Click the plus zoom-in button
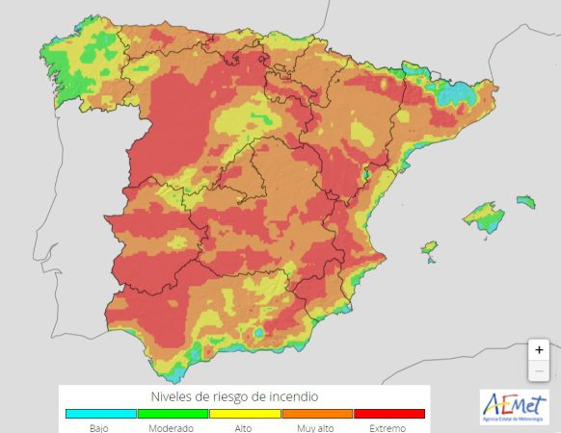pos(539,350)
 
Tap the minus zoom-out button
pos(539,371)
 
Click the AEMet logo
pos(514,406)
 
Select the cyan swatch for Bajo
pos(100,414)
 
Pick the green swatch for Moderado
pos(173,414)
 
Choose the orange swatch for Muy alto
pos(316,414)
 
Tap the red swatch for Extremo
pos(388,414)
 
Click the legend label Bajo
pos(100,428)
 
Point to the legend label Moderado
pos(172,428)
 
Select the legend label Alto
pos(244,428)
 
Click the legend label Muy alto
pos(316,428)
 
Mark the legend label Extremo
pos(388,428)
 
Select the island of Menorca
pos(525,202)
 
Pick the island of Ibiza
pos(429,248)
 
